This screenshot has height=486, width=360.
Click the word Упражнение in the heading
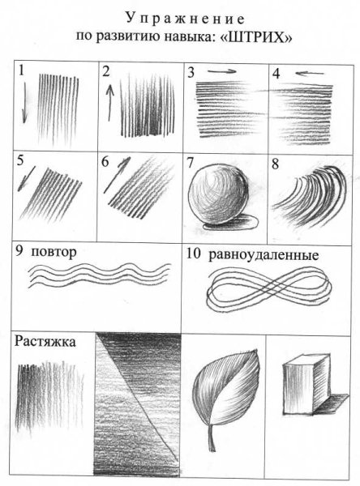[x=180, y=17]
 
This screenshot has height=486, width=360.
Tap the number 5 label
[x=20, y=160]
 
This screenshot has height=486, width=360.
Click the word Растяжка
[x=45, y=341]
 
